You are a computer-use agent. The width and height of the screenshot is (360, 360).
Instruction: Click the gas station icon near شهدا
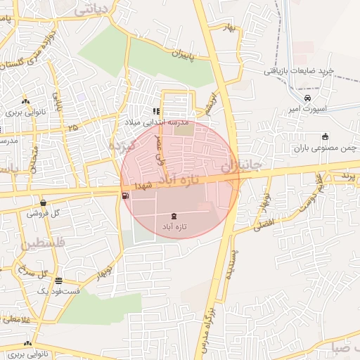[125, 196]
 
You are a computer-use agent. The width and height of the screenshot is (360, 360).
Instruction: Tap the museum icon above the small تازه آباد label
[174, 216]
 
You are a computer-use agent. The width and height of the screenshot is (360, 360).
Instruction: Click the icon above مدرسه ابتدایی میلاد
[156, 110]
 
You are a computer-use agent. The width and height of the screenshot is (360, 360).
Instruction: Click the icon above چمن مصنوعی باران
[325, 136]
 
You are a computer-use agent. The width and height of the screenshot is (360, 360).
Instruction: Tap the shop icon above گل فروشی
[43, 202]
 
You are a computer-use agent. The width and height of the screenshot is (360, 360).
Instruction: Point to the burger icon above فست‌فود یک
[59, 279]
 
